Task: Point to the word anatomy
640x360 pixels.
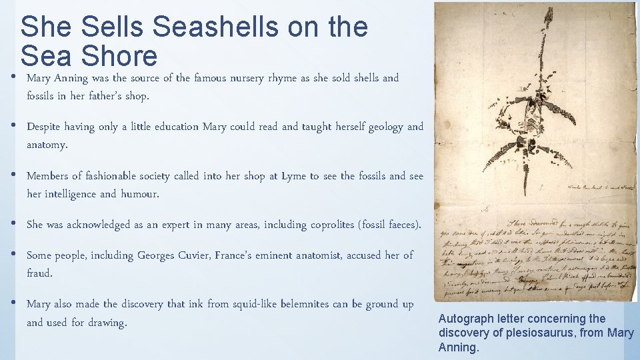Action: pyautogui.click(x=46, y=145)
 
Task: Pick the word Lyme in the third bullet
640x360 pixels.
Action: pyautogui.click(x=294, y=176)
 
